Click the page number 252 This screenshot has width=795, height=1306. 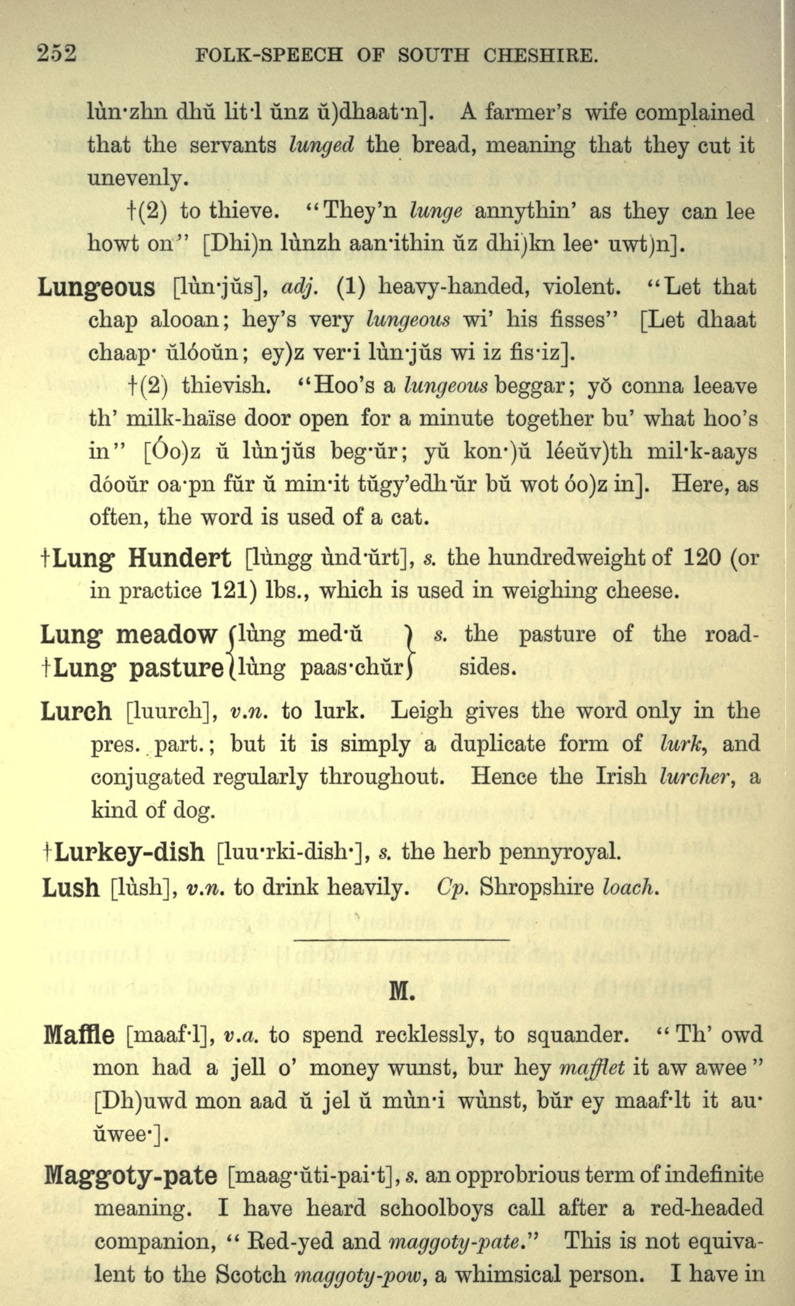(57, 54)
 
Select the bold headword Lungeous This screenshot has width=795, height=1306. (97, 287)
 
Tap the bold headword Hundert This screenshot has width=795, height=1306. (179, 558)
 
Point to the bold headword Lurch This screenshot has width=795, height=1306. (76, 712)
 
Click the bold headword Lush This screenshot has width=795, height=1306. (70, 888)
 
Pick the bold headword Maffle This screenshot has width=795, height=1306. (79, 1035)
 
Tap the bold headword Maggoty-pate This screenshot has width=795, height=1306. (130, 1175)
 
